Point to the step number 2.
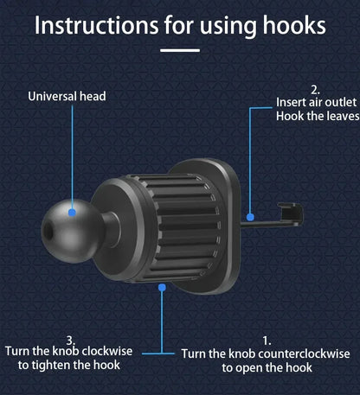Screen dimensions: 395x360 tap(315, 89)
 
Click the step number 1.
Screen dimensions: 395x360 tap(267, 341)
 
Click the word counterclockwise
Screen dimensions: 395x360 tap(299, 354)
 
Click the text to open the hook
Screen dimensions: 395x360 tap(267, 367)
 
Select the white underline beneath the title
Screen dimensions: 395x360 tap(180, 50)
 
